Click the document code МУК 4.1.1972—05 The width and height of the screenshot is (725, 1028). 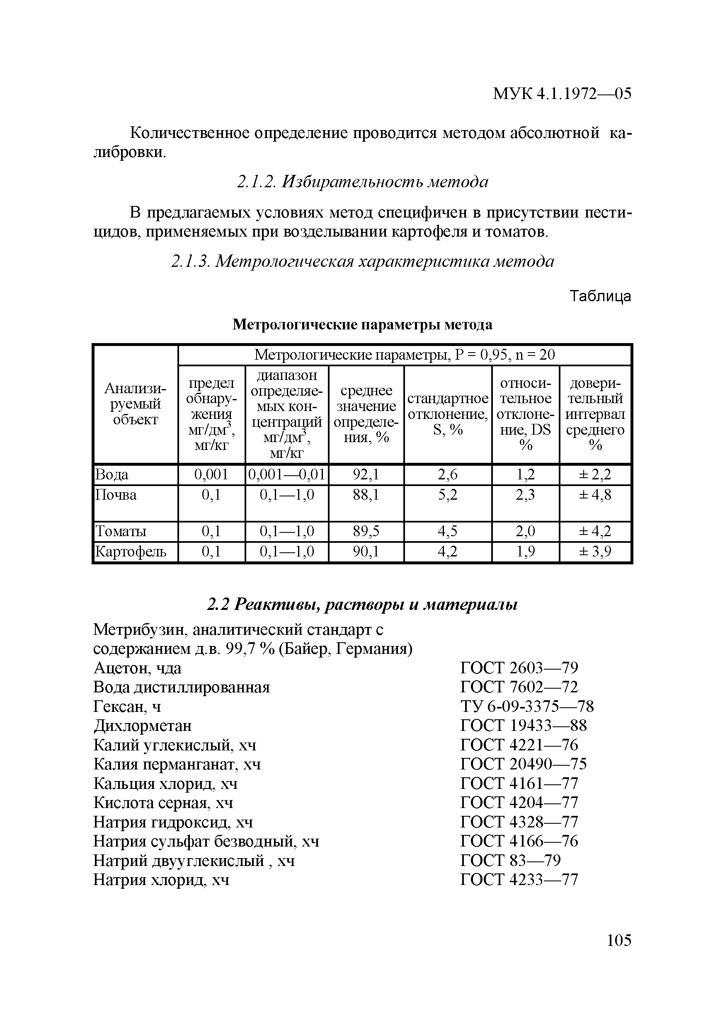562,94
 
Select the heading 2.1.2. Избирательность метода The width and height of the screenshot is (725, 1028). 362,182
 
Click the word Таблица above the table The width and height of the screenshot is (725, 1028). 600,296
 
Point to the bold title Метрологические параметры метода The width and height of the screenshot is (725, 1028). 362,324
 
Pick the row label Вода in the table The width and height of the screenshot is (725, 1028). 112,474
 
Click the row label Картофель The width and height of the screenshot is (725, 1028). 131,551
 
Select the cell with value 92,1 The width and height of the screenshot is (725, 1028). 366,474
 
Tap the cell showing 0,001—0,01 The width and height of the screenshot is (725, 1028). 286,474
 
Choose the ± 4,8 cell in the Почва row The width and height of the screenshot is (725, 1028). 595,495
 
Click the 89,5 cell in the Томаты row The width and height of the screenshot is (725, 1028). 366,531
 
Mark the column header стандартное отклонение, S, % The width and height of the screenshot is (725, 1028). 447,414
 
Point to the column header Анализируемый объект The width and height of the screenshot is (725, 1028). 135,404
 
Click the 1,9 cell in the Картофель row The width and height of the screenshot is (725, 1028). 525,551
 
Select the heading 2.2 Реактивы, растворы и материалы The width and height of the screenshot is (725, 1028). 362,605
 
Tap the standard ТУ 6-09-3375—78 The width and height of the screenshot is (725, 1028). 526,706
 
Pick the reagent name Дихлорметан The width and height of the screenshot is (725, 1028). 143,726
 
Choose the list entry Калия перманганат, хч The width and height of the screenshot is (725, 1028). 177,764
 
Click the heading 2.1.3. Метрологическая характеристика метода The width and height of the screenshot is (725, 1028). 362,261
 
